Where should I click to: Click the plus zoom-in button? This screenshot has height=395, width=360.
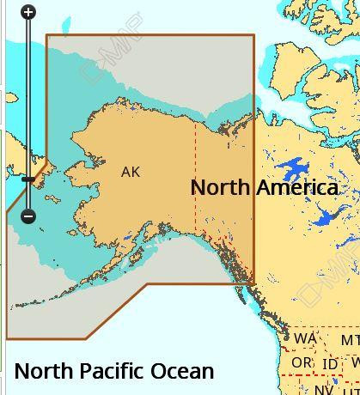click(28, 12)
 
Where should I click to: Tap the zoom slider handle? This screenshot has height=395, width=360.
click(28, 179)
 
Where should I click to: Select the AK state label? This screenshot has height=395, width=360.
click(131, 172)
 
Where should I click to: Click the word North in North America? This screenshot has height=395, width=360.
click(218, 187)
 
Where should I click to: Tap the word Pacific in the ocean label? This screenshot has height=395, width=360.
click(111, 371)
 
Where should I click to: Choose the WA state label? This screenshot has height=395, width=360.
click(305, 338)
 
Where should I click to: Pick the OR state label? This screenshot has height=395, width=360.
click(302, 363)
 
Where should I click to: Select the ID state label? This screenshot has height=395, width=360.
click(330, 364)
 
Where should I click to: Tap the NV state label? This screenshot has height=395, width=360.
click(323, 389)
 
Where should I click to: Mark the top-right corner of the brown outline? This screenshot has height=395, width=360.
click(254, 35)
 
